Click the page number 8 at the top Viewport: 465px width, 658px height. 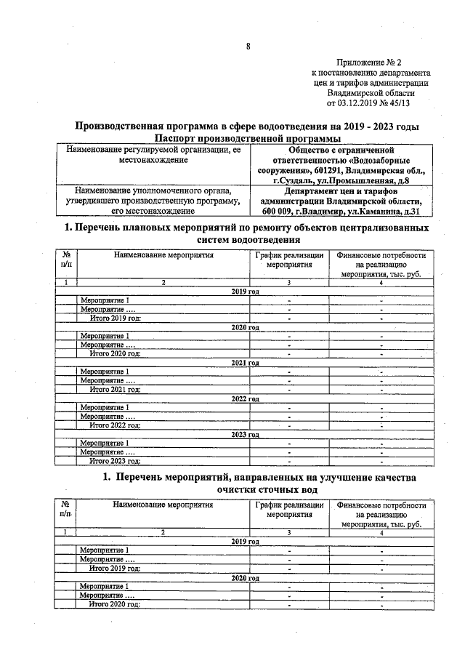pyautogui.click(x=248, y=47)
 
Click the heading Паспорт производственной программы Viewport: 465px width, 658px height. pyautogui.click(x=248, y=138)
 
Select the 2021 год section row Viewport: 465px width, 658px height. pyautogui.click(x=246, y=362)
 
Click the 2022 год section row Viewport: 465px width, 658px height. pyautogui.click(x=246, y=398)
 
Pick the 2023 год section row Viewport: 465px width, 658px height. pyautogui.click(x=246, y=433)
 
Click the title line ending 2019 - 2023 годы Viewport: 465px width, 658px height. pyautogui.click(x=248, y=126)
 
